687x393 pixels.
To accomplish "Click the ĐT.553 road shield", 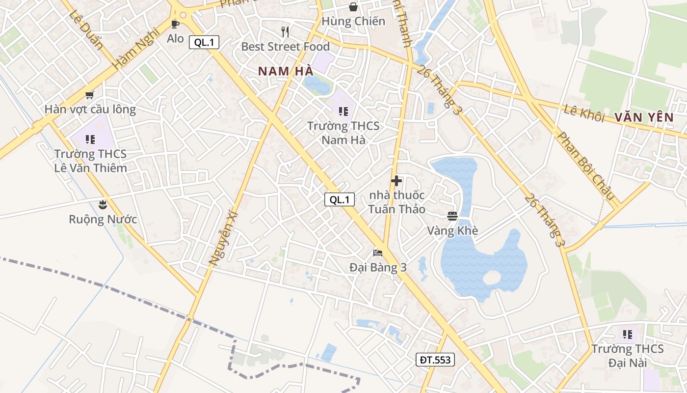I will click(x=435, y=360).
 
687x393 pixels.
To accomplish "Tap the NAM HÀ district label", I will click(x=286, y=71).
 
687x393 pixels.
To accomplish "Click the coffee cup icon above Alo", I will click(x=175, y=24).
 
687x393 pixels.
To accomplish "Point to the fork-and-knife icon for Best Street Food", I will click(x=285, y=32).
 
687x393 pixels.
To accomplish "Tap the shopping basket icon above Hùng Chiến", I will click(x=353, y=7).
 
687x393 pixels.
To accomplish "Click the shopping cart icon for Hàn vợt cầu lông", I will click(x=89, y=95).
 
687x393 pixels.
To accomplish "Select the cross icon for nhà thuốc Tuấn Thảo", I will click(x=396, y=180).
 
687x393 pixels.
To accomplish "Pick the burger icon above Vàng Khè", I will click(x=452, y=216).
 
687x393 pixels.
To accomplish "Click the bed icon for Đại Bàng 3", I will click(x=378, y=253).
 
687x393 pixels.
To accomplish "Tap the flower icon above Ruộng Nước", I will click(x=103, y=204).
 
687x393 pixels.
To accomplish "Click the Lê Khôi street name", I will click(x=584, y=112).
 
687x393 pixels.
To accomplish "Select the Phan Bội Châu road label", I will click(x=586, y=166).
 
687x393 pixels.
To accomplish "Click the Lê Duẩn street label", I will click(x=86, y=30).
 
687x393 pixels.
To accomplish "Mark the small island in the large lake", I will click(x=492, y=278).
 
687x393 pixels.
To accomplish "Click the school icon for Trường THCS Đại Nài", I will click(x=627, y=335).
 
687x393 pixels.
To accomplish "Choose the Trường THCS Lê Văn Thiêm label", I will click(x=90, y=161).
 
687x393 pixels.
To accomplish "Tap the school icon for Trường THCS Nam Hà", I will click(x=343, y=112).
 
